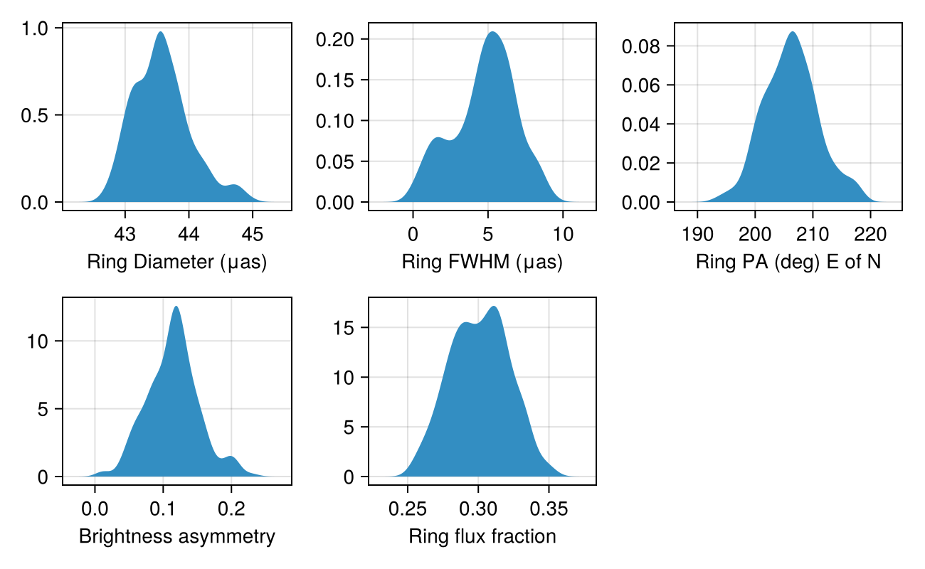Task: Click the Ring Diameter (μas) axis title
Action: point(176,262)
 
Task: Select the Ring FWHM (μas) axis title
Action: point(482,262)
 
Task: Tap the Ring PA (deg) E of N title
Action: point(788,262)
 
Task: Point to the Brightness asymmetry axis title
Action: point(176,536)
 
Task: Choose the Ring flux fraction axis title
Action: point(482,536)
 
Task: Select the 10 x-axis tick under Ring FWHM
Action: point(563,233)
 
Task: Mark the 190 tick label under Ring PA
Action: point(697,233)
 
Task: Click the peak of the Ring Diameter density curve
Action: point(161,32)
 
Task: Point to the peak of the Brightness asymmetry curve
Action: point(176,307)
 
